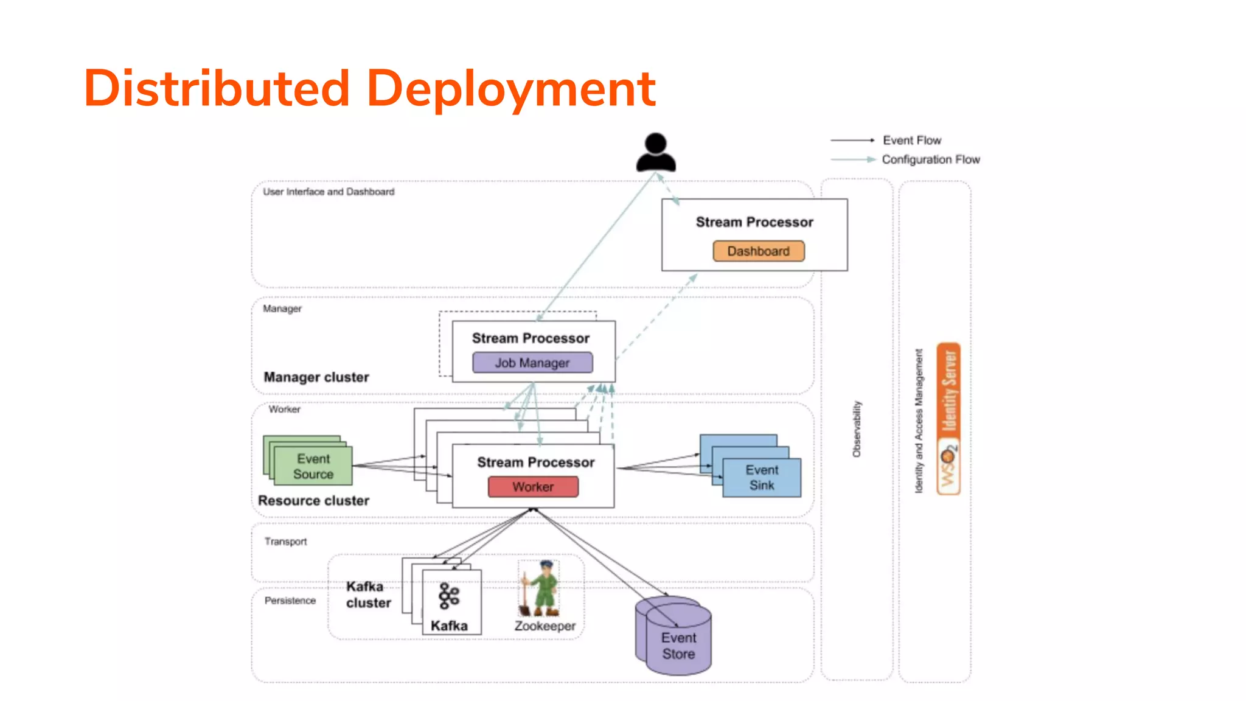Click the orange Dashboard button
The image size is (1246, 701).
pyautogui.click(x=758, y=251)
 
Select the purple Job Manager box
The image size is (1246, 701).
pyautogui.click(x=532, y=363)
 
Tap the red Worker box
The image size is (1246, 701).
pyautogui.click(x=533, y=487)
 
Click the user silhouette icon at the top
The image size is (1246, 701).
pyautogui.click(x=656, y=152)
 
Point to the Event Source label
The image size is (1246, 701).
pyautogui.click(x=313, y=467)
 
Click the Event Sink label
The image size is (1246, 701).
pyautogui.click(x=762, y=478)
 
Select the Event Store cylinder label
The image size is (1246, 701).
pyautogui.click(x=678, y=646)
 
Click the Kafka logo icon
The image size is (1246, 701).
pyautogui.click(x=449, y=596)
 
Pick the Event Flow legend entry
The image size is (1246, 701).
pyautogui.click(x=911, y=141)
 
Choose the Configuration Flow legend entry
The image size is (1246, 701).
pyautogui.click(x=930, y=159)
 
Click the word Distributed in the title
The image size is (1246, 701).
pyautogui.click(x=217, y=89)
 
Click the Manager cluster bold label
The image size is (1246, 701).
pyautogui.click(x=316, y=377)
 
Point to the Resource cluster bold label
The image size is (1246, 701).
pyautogui.click(x=313, y=501)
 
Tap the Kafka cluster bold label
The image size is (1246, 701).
pyautogui.click(x=368, y=595)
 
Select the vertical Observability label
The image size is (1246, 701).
pyautogui.click(x=857, y=429)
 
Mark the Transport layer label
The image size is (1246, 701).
pyautogui.click(x=285, y=542)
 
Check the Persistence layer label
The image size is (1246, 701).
pyautogui.click(x=290, y=601)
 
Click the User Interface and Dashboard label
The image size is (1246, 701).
pyautogui.click(x=329, y=192)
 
